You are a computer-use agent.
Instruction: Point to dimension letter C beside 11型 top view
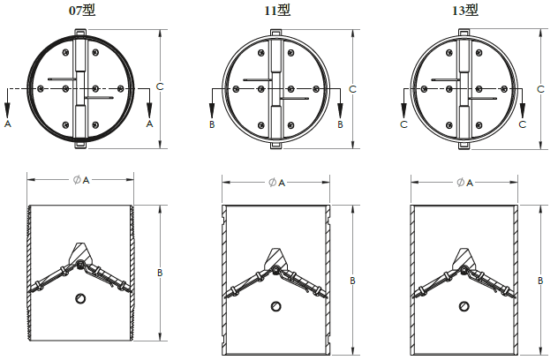click(352, 89)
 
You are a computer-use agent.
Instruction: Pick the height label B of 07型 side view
click(160, 274)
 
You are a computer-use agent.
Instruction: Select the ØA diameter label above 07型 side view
click(81, 179)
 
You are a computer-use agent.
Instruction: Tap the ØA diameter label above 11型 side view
click(276, 183)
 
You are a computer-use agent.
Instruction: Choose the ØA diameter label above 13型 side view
click(464, 183)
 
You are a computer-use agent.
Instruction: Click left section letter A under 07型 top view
click(8, 125)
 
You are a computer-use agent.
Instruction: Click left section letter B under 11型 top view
click(211, 125)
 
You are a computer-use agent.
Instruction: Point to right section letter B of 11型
click(340, 125)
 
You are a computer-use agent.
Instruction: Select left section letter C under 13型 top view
click(403, 125)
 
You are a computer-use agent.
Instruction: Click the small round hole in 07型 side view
click(81, 297)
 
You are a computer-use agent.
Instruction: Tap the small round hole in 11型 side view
click(276, 306)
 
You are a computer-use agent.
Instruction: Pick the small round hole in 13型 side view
click(465, 306)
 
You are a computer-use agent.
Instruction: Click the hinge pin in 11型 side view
click(276, 271)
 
